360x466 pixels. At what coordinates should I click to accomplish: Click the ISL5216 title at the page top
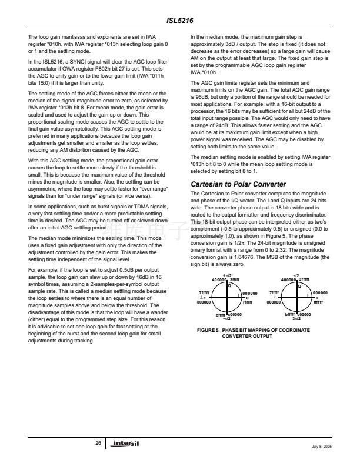(180, 18)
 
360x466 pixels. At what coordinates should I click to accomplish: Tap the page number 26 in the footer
(98, 442)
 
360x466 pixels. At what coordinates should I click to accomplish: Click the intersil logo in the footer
(126, 442)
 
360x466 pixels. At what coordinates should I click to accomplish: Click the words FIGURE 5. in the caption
(209, 331)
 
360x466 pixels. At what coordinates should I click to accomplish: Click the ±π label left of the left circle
(202, 297)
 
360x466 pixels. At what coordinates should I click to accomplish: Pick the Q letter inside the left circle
(230, 286)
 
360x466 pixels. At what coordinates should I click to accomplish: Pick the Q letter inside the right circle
(299, 286)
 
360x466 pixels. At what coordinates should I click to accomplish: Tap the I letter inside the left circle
(238, 294)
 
